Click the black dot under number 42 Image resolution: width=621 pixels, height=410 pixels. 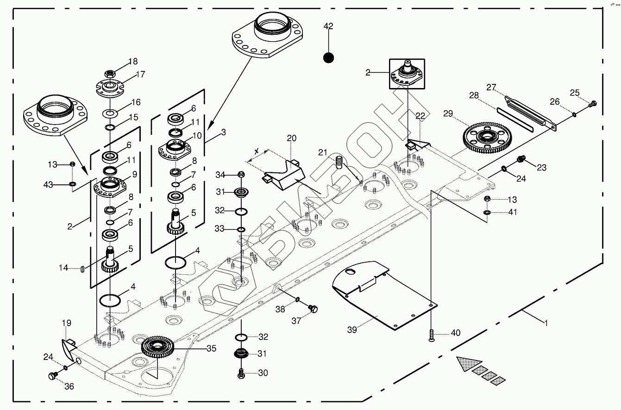[x=328, y=57]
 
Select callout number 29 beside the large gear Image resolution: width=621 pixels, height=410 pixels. [x=447, y=113]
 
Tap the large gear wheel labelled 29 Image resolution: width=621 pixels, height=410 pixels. [x=486, y=137]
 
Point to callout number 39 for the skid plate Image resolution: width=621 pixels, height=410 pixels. [x=351, y=329]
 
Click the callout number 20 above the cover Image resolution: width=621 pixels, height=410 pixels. [x=291, y=138]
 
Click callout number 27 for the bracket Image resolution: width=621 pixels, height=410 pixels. [x=491, y=87]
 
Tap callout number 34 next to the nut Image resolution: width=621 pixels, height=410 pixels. [x=220, y=175]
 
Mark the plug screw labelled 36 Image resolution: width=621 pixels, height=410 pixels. [x=52, y=375]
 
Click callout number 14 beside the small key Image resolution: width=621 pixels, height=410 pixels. [x=64, y=268]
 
